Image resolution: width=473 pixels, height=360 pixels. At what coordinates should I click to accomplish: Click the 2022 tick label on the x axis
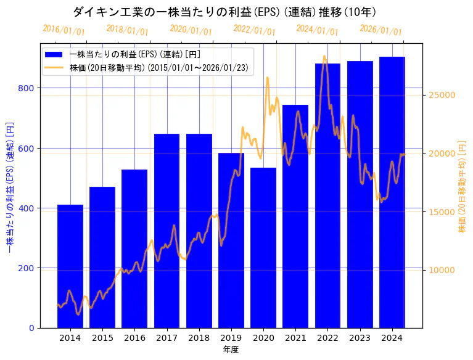327,338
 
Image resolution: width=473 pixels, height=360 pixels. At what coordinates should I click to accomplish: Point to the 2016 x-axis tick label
134,338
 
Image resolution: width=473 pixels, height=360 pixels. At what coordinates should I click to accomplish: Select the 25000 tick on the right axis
442,95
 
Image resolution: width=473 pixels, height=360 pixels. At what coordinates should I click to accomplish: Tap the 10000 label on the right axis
442,270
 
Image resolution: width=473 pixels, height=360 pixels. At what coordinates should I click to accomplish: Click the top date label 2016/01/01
64,30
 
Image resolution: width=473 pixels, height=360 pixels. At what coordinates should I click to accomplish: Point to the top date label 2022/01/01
254,30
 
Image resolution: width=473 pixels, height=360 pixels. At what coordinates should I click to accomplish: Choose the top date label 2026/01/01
380,30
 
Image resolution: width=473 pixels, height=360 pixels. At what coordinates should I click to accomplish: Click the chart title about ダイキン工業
224,12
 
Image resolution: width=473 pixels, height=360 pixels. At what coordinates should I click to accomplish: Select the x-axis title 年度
231,349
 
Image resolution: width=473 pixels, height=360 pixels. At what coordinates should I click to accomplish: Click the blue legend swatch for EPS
54,54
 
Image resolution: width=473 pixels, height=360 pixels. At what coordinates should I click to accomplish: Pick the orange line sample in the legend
54,68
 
